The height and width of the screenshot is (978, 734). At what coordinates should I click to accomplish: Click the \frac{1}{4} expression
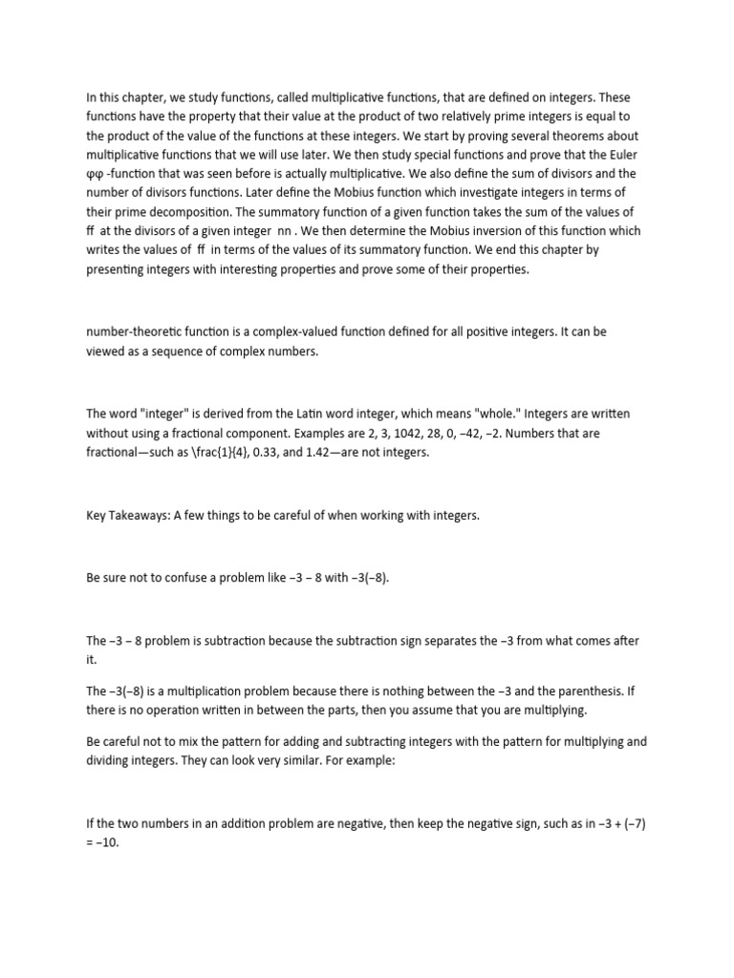tap(190, 452)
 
